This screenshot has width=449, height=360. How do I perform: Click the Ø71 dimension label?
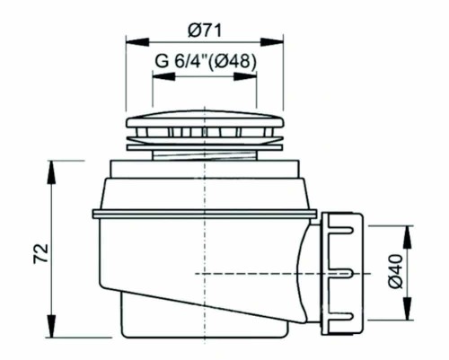pos(206,30)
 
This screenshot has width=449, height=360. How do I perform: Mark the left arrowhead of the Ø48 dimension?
pos(155,75)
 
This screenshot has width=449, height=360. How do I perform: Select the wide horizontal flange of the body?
pos(204,214)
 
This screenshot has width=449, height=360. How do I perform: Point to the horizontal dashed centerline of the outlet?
pos(269,272)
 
